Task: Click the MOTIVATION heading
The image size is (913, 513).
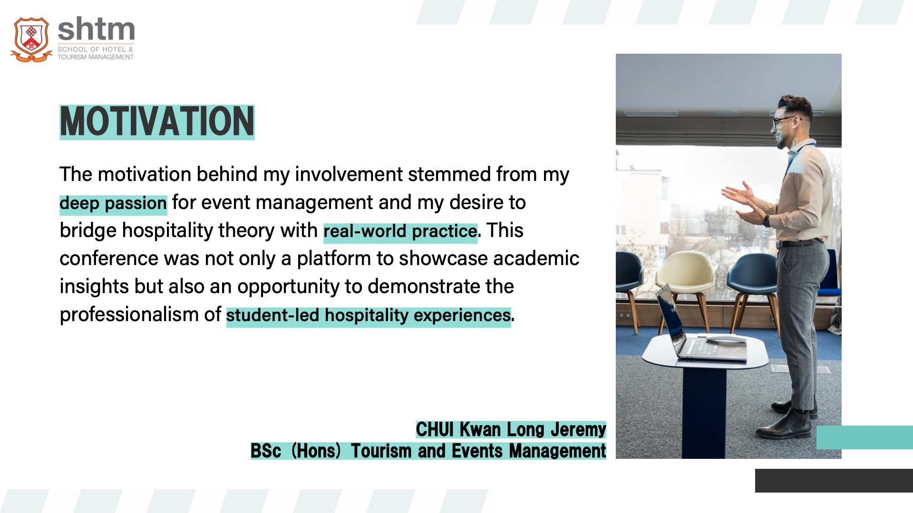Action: tap(157, 122)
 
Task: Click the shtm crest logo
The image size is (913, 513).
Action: tap(31, 40)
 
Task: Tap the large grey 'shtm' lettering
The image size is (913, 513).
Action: tap(96, 29)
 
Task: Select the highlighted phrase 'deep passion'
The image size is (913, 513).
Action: tap(113, 203)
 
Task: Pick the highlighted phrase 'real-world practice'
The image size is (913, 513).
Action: tap(400, 231)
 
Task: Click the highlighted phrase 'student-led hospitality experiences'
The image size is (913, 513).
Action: tap(369, 315)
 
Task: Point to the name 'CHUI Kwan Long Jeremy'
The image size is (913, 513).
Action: tap(511, 429)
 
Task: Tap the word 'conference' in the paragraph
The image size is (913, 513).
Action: tap(109, 258)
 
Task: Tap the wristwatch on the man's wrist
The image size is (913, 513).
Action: tap(767, 221)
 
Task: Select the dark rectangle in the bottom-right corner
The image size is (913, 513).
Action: tap(834, 481)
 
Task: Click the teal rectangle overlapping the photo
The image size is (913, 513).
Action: tap(864, 437)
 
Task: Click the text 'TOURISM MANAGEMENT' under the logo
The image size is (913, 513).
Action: tap(96, 57)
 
